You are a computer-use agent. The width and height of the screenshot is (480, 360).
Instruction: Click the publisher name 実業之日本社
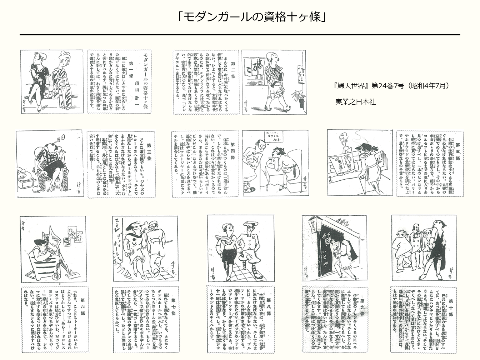(x=355, y=102)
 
